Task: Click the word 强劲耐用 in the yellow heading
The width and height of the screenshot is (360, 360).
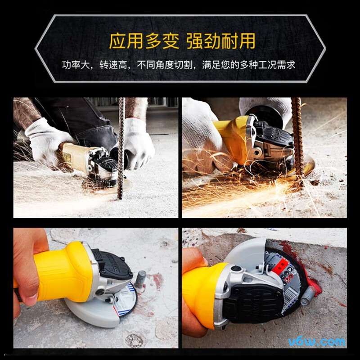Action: tap(220, 41)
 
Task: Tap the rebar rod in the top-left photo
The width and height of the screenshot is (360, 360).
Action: tap(121, 148)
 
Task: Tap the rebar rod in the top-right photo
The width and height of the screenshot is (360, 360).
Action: tap(297, 135)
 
